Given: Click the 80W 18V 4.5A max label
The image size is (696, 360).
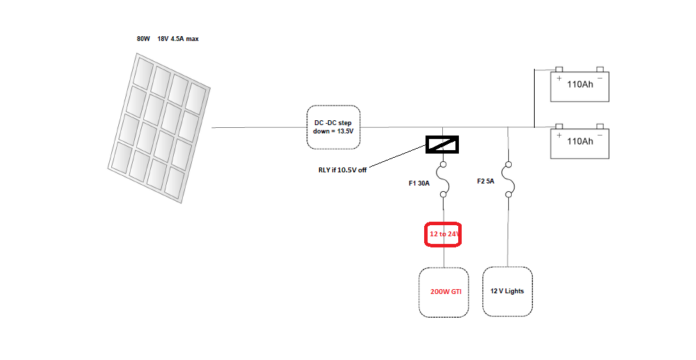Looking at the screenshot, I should coord(168,39).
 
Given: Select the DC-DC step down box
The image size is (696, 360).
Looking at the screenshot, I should coord(334,127).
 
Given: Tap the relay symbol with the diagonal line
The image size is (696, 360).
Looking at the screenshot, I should coord(442,144).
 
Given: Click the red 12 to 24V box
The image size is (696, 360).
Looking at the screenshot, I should coord(444,235).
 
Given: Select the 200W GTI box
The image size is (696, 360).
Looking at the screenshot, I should coord(446,292).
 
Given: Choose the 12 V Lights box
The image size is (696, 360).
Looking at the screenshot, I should coord(508,291).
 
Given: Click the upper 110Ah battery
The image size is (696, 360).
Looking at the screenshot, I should coord(580,85).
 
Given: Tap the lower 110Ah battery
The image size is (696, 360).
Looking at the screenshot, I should coord(580,142).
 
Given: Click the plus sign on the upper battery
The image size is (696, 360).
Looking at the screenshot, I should coord(558,78).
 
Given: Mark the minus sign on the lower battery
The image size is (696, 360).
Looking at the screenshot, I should coord(599,135).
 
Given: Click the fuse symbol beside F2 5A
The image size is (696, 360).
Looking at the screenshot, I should coord(508,183).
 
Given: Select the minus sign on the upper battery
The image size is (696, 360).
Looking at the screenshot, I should coord(599,78).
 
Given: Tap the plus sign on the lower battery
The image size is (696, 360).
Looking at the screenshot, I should coord(558,135).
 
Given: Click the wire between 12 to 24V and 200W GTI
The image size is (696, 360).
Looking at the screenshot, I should coord(444,258).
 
